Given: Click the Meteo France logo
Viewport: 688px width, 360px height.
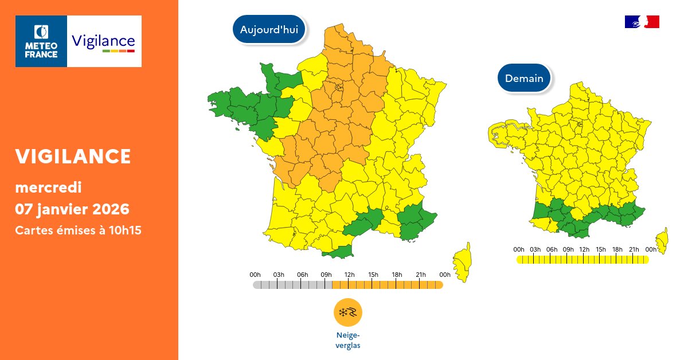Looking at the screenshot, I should point(41,41).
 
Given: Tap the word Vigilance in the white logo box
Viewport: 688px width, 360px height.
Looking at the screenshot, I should point(103,41).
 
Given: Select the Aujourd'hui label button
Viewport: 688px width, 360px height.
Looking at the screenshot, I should point(269,30).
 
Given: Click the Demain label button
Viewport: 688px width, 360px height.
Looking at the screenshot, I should point(524,78).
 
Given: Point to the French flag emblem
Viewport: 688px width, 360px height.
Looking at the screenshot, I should point(642,22).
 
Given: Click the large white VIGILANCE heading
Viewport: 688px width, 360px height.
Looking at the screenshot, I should point(73,156).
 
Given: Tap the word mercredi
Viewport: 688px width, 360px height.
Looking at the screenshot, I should point(48,187).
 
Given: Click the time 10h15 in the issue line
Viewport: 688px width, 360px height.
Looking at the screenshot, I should point(126,230).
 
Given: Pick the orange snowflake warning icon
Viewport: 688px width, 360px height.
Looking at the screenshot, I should point(348,312).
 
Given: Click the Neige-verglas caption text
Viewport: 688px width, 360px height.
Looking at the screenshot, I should point(348,340).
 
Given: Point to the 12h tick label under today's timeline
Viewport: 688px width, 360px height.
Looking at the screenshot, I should point(349,275).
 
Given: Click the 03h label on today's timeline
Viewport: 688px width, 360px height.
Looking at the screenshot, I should point(279,275).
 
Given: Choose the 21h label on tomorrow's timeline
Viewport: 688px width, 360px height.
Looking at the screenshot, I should point(634,249).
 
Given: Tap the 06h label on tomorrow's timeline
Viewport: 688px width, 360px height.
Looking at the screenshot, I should point(552,249).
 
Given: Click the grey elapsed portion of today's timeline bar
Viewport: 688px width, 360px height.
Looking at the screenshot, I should point(292,285).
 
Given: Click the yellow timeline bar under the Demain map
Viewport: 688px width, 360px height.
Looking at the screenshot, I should point(582,260).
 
